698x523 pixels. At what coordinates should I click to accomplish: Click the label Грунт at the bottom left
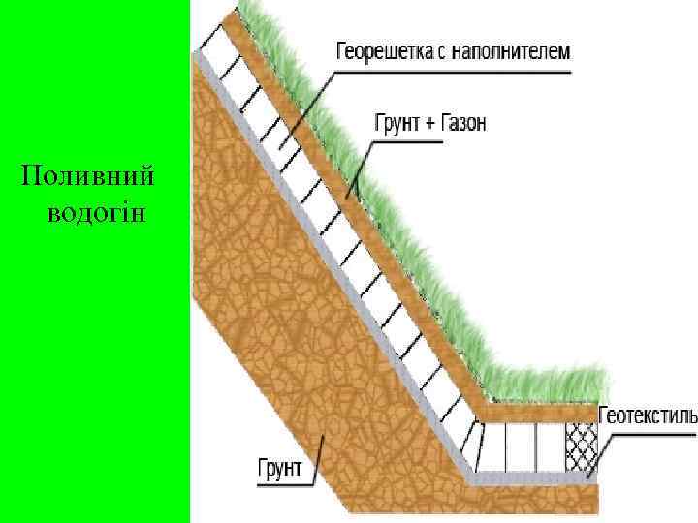coord(280,470)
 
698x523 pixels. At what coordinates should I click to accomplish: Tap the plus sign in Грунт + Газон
coord(428,123)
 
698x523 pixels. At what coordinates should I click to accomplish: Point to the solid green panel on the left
coord(93,387)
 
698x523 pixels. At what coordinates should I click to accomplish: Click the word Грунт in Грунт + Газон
coord(396,123)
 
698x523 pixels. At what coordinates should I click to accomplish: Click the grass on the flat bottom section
coord(543,383)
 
